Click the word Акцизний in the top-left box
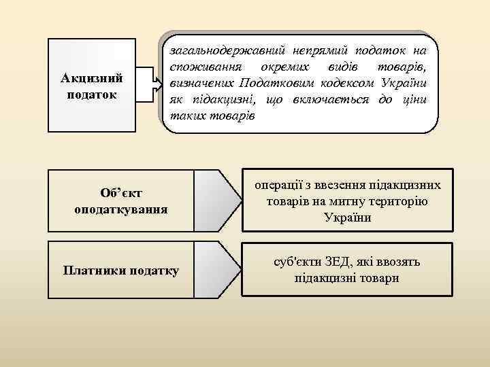(91, 77)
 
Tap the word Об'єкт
(121, 194)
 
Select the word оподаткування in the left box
(121, 208)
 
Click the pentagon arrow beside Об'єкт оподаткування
(218, 198)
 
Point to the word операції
(277, 184)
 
